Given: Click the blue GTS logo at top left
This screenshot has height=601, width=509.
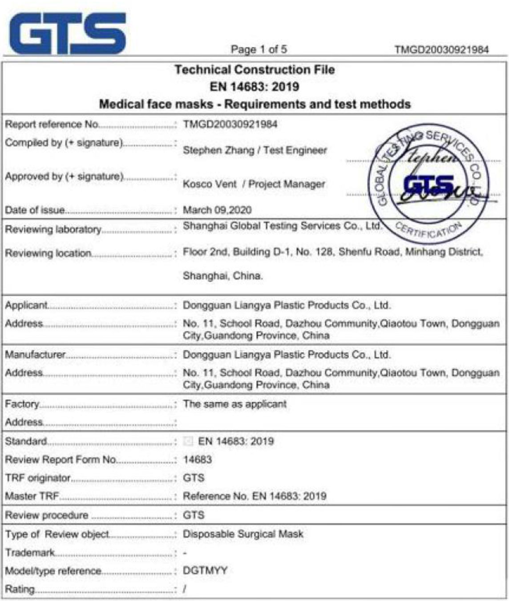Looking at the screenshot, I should pyautogui.click(x=67, y=33).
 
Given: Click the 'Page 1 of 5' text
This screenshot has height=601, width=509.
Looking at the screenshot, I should pyautogui.click(x=259, y=49).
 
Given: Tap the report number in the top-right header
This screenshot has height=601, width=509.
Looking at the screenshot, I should pyautogui.click(x=441, y=49).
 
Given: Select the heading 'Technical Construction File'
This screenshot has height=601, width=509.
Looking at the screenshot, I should pyautogui.click(x=254, y=70).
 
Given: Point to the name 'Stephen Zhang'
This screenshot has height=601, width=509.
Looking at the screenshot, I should pyautogui.click(x=218, y=150).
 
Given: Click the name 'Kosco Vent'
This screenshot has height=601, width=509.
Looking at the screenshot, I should pyautogui.click(x=210, y=184).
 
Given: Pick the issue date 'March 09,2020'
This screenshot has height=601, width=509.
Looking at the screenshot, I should pyautogui.click(x=217, y=210).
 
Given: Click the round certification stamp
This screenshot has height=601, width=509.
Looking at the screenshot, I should pyautogui.click(x=428, y=184).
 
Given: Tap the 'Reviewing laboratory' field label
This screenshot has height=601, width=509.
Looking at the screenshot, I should pyautogui.click(x=53, y=229).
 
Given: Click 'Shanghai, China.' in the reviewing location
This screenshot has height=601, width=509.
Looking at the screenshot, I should pyautogui.click(x=222, y=276).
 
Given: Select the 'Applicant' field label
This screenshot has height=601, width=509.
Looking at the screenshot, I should pyautogui.click(x=26, y=305).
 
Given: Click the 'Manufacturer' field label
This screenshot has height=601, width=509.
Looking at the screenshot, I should pyautogui.click(x=35, y=355).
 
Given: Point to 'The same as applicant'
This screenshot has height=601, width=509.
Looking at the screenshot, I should pyautogui.click(x=235, y=404).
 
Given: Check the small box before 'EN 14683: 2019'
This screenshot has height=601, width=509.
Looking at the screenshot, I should pyautogui.click(x=188, y=441).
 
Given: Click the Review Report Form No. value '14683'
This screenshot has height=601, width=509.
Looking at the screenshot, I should pyautogui.click(x=197, y=459).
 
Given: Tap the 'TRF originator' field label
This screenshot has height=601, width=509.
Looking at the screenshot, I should pyautogui.click(x=38, y=478).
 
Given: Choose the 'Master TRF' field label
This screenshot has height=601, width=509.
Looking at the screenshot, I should pyautogui.click(x=32, y=496).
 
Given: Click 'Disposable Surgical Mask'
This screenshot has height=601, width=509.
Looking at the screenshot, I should pyautogui.click(x=243, y=534).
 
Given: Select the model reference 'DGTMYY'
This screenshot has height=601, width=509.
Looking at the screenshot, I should pyautogui.click(x=205, y=570).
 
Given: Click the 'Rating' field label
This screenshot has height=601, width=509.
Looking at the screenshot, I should pyautogui.click(x=20, y=589).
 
